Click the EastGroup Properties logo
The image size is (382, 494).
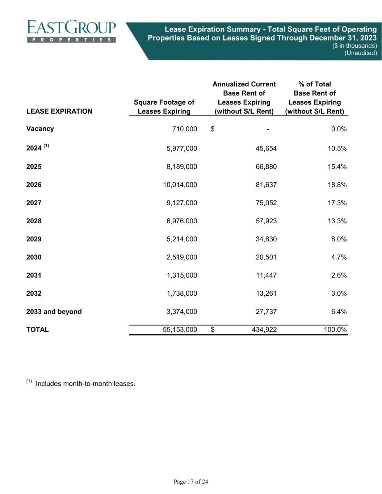[71, 31]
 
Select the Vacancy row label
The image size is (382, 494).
[40, 129]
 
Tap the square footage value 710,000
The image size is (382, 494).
[185, 129]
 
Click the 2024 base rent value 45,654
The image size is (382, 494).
[266, 148]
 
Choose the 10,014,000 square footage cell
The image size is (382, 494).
[180, 185]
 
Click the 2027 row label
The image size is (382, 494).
[34, 203]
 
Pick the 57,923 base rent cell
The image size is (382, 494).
[266, 221]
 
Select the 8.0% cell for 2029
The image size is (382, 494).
[339, 239]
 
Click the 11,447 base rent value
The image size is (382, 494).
[266, 275]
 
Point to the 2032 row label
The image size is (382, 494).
[34, 294]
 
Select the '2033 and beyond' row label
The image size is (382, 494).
[54, 312]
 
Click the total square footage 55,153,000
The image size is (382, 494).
[180, 330]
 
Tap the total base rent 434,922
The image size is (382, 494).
[264, 330]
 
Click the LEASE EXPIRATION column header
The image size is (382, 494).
[59, 111]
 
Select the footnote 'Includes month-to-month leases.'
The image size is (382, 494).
[85, 384]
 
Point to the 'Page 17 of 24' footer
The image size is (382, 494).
[191, 482]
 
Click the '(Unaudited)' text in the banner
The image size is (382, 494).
[360, 53]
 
